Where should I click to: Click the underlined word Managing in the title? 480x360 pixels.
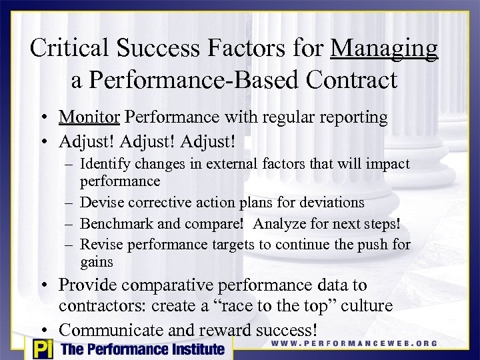coord(385,49)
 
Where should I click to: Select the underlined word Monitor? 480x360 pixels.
coord(89,117)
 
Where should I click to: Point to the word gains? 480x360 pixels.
coord(97,262)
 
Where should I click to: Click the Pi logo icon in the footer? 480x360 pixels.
coord(41,349)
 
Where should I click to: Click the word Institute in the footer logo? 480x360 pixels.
coord(194,349)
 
